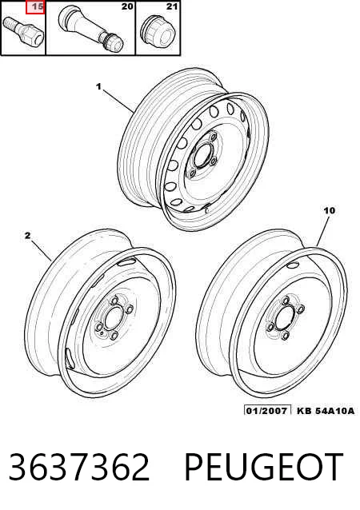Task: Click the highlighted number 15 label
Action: coord(35,7)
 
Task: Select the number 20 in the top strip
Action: coord(127,6)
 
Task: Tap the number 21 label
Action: coord(172,6)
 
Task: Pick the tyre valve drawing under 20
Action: coord(90,29)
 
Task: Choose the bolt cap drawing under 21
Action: coord(158,32)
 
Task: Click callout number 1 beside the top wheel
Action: coord(98,87)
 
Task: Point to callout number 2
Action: coord(28,235)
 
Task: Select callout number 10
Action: coord(330,211)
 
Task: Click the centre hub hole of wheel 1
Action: coord(203,156)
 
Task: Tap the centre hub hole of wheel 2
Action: coord(114,318)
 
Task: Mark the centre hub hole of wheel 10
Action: coord(285,318)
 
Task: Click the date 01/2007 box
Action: coord(267,410)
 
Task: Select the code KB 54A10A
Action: coord(326,411)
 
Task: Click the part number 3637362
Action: coord(79,467)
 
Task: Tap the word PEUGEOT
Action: coord(264,467)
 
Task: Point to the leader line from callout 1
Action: coord(119,101)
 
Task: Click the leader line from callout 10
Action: coord(322,231)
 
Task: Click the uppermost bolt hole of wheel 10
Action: coord(286,301)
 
